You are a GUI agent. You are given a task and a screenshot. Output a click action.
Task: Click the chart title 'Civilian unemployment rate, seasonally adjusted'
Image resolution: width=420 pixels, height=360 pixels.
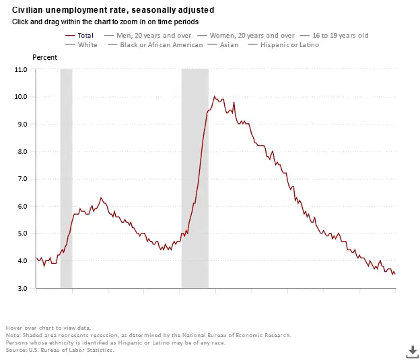(114, 10)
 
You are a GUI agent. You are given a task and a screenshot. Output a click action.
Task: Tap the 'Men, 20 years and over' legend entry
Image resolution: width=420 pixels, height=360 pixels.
(153, 35)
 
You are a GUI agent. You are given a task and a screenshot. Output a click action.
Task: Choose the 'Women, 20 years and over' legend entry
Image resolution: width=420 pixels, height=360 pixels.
(252, 35)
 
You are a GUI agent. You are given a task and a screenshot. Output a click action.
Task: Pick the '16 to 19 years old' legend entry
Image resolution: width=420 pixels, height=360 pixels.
(341, 35)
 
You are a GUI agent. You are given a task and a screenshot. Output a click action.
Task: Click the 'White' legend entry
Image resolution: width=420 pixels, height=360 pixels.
(87, 45)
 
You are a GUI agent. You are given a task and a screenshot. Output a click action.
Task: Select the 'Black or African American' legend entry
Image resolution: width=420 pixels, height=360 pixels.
(161, 45)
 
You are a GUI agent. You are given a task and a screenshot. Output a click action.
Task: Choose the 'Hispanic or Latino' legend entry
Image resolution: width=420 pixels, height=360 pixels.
(290, 45)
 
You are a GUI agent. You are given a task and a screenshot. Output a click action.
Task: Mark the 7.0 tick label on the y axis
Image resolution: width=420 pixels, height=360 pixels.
(22, 179)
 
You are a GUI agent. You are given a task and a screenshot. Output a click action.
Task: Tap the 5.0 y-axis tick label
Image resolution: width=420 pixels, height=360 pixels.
(22, 233)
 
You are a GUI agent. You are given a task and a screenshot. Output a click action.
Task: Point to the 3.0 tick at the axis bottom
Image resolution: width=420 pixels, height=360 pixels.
(22, 288)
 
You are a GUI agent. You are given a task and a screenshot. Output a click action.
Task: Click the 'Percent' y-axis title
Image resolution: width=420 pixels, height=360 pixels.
(45, 57)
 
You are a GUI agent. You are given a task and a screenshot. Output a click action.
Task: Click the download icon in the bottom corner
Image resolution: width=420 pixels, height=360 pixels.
(412, 351)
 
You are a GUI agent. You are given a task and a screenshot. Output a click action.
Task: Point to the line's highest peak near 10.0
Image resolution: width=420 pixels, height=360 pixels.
(214, 96)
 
